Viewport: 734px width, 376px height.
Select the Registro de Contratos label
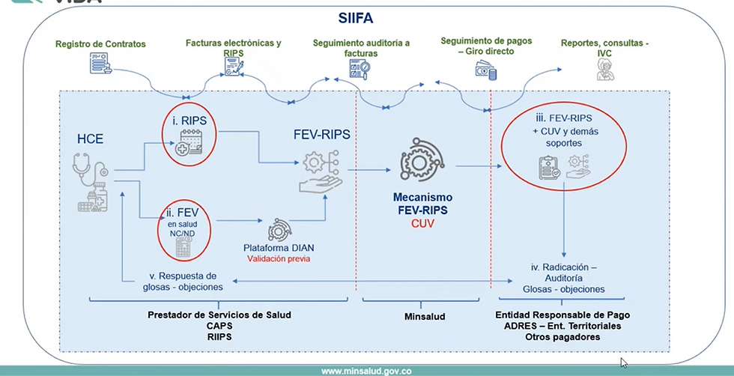click(x=100, y=43)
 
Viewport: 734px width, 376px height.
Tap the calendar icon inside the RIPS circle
click(x=187, y=142)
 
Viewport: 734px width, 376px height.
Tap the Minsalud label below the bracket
click(x=425, y=317)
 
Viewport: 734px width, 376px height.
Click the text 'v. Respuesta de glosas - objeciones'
click(x=182, y=280)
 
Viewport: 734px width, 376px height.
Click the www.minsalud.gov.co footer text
click(x=366, y=371)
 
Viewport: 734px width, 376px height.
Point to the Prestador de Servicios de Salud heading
click(x=219, y=315)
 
